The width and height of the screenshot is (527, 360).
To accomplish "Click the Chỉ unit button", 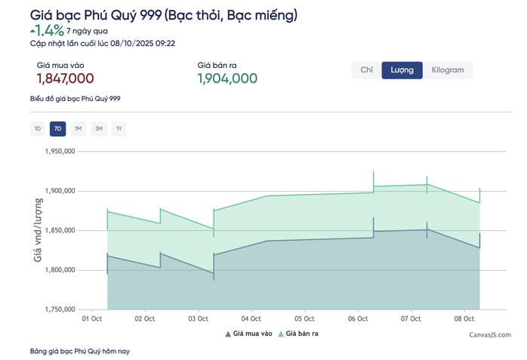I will (x=367, y=70).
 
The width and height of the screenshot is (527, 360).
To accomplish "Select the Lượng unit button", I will (x=402, y=70).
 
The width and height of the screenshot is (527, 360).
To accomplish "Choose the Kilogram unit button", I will (x=448, y=70).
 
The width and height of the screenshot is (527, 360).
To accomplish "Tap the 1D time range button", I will (x=37, y=129).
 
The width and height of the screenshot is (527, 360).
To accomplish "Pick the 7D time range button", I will (x=58, y=129).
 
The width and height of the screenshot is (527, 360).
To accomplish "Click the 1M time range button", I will (x=78, y=129).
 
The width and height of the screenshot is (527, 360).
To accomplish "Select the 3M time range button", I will (x=99, y=129).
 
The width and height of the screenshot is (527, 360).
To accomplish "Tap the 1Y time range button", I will (x=119, y=129).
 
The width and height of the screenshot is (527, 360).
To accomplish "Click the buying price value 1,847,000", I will (x=65, y=78).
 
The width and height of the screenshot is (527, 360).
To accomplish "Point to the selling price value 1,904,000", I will (x=227, y=78).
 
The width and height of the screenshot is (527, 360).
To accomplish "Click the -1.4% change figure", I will (x=47, y=31).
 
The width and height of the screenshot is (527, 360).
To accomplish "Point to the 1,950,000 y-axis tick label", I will (x=60, y=151).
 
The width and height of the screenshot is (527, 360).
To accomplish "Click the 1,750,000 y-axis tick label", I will (x=60, y=309).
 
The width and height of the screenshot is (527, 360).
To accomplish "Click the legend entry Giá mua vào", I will (x=248, y=334).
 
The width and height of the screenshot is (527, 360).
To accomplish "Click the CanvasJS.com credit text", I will (x=490, y=335).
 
